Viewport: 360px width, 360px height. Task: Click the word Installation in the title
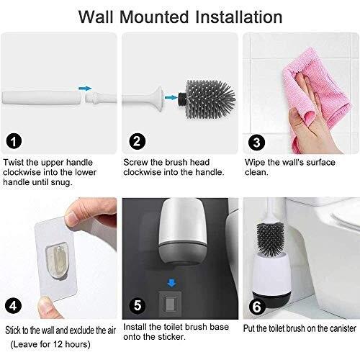(x=239, y=17)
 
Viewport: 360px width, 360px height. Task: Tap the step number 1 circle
(x=14, y=141)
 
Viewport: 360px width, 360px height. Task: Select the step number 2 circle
(x=138, y=141)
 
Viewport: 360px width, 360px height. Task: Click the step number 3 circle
(x=256, y=143)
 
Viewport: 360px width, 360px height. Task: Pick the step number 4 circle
(x=13, y=306)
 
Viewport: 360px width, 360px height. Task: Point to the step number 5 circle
(x=138, y=305)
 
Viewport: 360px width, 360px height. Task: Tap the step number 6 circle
(x=256, y=307)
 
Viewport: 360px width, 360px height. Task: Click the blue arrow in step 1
(x=85, y=89)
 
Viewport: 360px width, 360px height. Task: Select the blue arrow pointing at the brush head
(x=171, y=97)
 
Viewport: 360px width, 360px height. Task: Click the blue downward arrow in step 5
(x=171, y=283)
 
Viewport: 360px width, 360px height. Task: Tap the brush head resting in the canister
(x=270, y=239)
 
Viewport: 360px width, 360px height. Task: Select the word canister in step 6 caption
(x=341, y=328)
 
